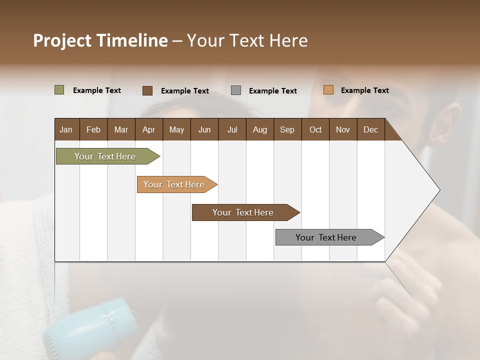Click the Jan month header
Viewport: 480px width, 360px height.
pyautogui.click(x=66, y=129)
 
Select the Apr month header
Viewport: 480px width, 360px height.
pyautogui.click(x=149, y=129)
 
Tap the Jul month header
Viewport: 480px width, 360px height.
pyautogui.click(x=232, y=129)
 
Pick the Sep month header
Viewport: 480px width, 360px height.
pyautogui.click(x=287, y=129)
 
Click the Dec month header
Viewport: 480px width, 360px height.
pyautogui.click(x=370, y=129)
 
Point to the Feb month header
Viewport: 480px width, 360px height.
pyautogui.click(x=93, y=129)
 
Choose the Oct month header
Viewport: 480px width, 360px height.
pyautogui.click(x=315, y=129)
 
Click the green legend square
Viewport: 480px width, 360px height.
pyautogui.click(x=59, y=90)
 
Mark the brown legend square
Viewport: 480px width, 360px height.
pyautogui.click(x=147, y=90)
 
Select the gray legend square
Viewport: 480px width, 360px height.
pyautogui.click(x=236, y=90)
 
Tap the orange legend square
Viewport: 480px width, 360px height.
pyautogui.click(x=328, y=90)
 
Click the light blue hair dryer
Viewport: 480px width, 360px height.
pyautogui.click(x=92, y=327)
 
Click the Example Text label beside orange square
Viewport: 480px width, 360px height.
pyautogui.click(x=364, y=90)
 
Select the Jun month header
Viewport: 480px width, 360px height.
pyautogui.click(x=204, y=129)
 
